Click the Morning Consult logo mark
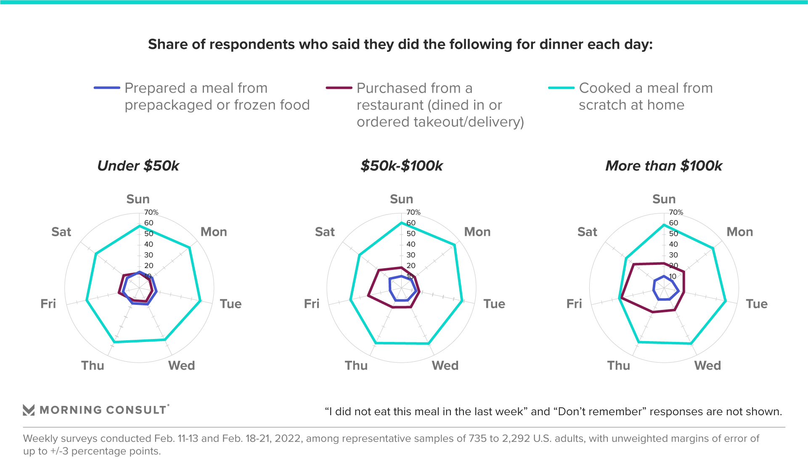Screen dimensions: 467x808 (29, 410)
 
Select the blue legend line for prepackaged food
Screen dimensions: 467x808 (107, 88)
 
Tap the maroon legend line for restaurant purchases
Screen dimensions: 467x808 (339, 88)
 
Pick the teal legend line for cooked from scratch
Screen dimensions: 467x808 (561, 88)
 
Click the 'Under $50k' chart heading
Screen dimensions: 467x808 (138, 166)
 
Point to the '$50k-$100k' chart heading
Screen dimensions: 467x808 (401, 166)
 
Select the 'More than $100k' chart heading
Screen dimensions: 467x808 (663, 166)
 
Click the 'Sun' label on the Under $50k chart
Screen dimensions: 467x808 (138, 199)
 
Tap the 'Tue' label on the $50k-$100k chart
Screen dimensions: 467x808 (494, 304)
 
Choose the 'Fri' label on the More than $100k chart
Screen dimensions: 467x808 (574, 304)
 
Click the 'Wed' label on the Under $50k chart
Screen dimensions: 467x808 (182, 366)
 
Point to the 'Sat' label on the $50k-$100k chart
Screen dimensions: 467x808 (325, 232)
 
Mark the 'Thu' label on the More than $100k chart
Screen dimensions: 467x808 (619, 366)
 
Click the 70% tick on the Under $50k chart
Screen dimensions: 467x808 (151, 212)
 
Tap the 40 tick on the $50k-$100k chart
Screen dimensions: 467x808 (411, 244)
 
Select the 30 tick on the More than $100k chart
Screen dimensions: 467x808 (673, 255)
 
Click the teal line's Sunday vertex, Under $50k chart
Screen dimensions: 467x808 (139, 226)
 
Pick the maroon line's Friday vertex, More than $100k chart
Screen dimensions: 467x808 (620, 299)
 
